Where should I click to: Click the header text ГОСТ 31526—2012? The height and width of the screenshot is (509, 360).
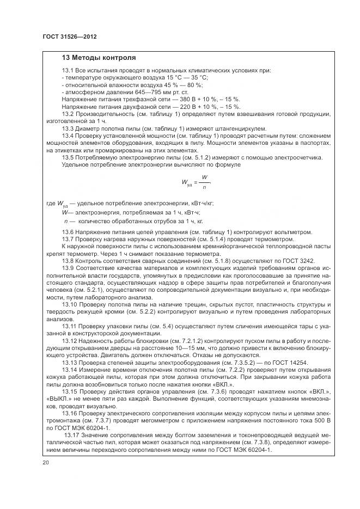point(65,36)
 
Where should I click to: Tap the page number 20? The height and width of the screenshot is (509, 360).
point(46,462)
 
